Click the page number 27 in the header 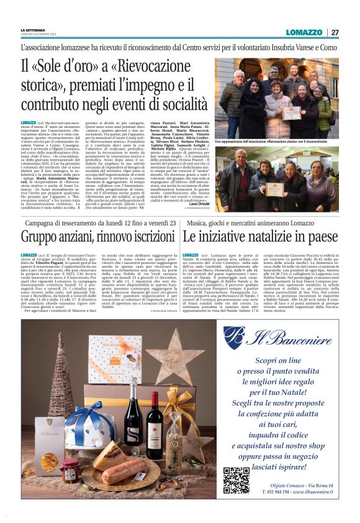point(335,32)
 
